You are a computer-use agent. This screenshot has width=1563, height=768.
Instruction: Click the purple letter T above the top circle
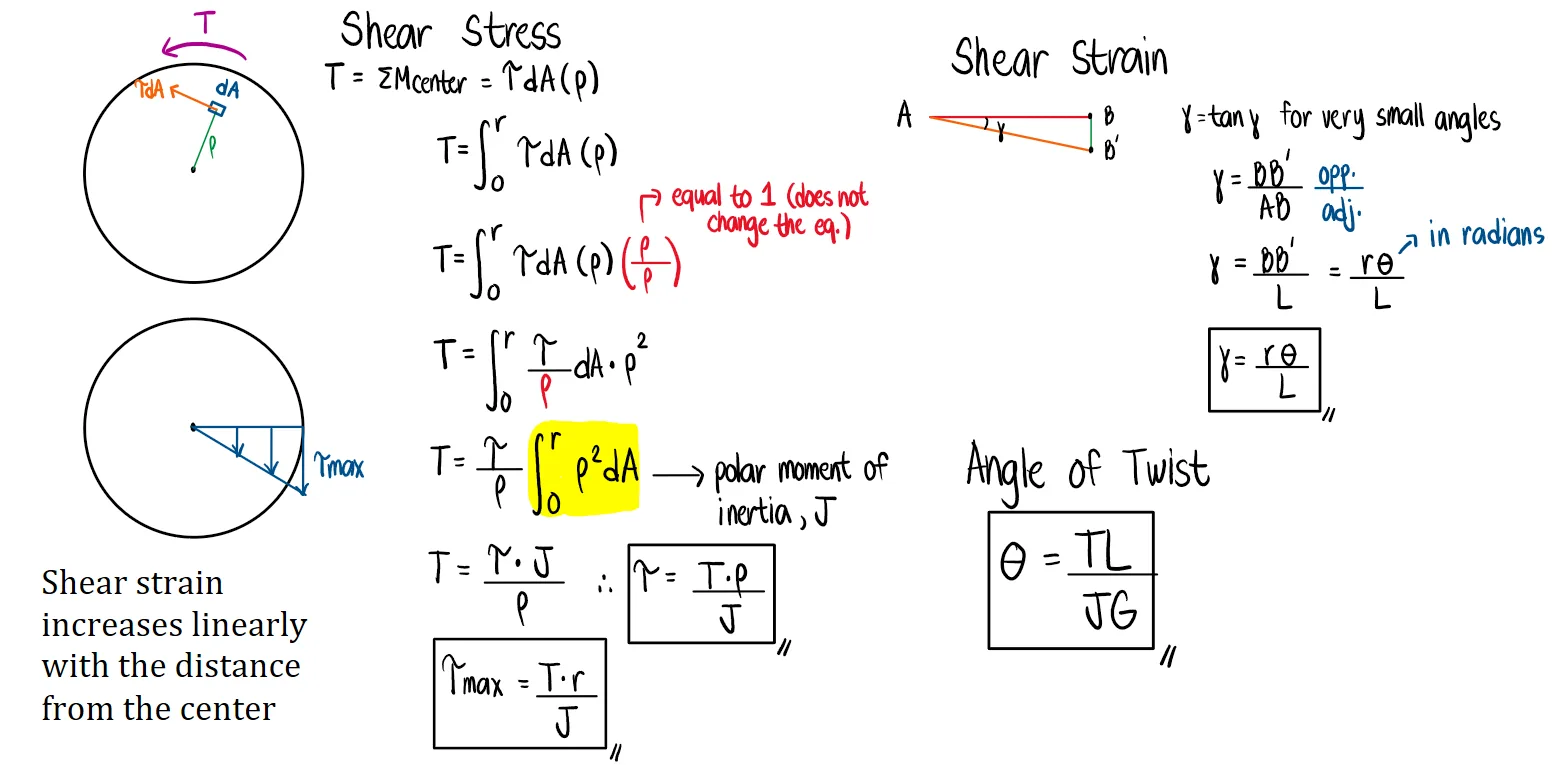pyautogui.click(x=204, y=23)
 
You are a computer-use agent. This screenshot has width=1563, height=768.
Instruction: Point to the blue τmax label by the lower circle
pyautogui.click(x=338, y=466)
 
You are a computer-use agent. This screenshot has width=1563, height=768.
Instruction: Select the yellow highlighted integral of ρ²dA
pyautogui.click(x=583, y=467)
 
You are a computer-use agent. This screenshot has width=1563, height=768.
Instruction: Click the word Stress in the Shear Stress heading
pyautogui.click(x=511, y=32)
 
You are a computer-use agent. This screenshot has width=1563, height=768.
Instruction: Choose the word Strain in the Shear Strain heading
pyautogui.click(x=1119, y=57)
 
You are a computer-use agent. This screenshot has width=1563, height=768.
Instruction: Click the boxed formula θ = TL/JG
pyautogui.click(x=1071, y=580)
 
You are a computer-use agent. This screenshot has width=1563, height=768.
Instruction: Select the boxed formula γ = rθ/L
pyautogui.click(x=1264, y=369)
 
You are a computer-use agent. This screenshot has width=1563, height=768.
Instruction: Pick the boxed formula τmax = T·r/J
pyautogui.click(x=519, y=693)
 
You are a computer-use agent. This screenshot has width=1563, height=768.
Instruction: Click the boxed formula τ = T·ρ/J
pyautogui.click(x=701, y=594)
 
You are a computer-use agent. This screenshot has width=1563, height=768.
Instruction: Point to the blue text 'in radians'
pyautogui.click(x=1486, y=235)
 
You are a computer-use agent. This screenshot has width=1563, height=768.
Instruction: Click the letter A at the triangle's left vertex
pyautogui.click(x=904, y=117)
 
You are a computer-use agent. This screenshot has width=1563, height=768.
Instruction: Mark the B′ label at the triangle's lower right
pyautogui.click(x=1111, y=151)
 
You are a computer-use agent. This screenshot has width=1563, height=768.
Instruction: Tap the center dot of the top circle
pyautogui.click(x=193, y=170)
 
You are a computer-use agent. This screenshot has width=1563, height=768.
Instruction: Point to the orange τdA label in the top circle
pyautogui.click(x=149, y=90)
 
